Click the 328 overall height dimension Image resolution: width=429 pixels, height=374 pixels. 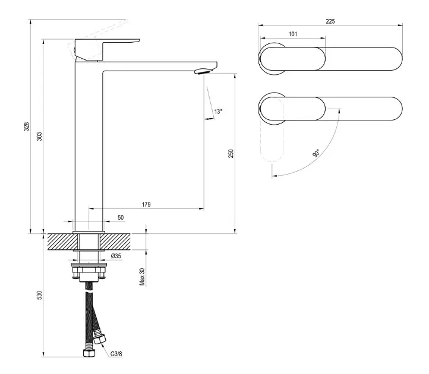(x=27, y=126)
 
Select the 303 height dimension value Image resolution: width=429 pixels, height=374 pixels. (x=40, y=137)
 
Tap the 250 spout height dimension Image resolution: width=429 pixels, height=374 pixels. (x=231, y=154)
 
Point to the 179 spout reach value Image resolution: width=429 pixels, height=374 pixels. (x=146, y=204)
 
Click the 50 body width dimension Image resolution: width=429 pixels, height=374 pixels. (x=121, y=217)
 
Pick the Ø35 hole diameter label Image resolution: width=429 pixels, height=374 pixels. (x=116, y=256)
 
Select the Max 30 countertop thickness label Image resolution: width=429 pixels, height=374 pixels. (x=142, y=277)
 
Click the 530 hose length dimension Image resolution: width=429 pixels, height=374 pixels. (x=40, y=295)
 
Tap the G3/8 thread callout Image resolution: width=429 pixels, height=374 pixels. (x=116, y=354)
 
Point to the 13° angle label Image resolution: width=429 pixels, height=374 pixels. (x=218, y=112)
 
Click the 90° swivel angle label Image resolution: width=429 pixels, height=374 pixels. (x=316, y=153)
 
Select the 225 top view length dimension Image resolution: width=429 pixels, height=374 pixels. (x=330, y=21)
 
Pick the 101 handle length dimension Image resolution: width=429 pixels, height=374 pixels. (x=293, y=34)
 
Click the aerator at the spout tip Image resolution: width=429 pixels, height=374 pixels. (x=203, y=71)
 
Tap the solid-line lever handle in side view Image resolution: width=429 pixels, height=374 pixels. (x=107, y=49)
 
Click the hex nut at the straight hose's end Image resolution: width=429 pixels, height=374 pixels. (x=89, y=353)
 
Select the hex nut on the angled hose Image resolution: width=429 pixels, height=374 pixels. (x=99, y=340)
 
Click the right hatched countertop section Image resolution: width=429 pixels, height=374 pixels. (x=115, y=242)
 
